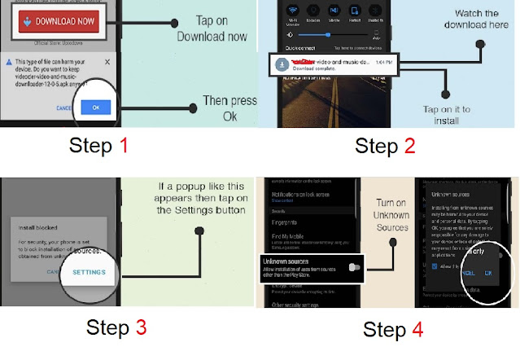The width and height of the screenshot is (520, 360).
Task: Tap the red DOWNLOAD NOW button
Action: (x=59, y=22)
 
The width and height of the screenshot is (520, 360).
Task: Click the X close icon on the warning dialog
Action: (x=107, y=62)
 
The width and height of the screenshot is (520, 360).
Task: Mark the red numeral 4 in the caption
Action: (x=418, y=329)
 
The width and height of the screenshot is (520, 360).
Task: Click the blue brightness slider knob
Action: (x=328, y=35)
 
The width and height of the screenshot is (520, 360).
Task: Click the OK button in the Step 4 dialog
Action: (x=487, y=274)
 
